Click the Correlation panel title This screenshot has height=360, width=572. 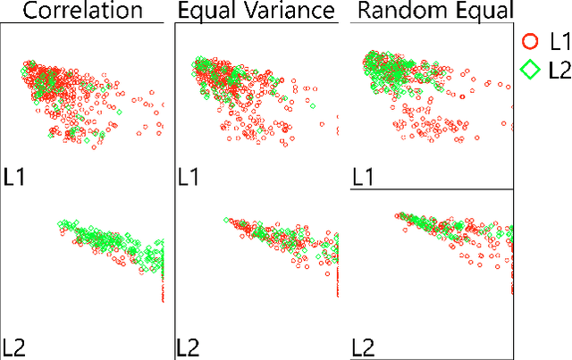[83, 11]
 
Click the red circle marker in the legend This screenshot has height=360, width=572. [530, 41]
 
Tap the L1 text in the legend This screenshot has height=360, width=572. [559, 41]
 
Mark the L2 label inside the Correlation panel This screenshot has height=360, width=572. [16, 347]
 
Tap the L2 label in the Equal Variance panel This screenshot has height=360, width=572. [189, 347]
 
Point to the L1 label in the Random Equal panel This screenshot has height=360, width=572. [363, 176]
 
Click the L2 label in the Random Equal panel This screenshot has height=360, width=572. [363, 347]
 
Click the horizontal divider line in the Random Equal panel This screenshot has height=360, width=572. [429, 189]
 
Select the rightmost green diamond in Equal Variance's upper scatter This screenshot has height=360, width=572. [313, 105]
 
